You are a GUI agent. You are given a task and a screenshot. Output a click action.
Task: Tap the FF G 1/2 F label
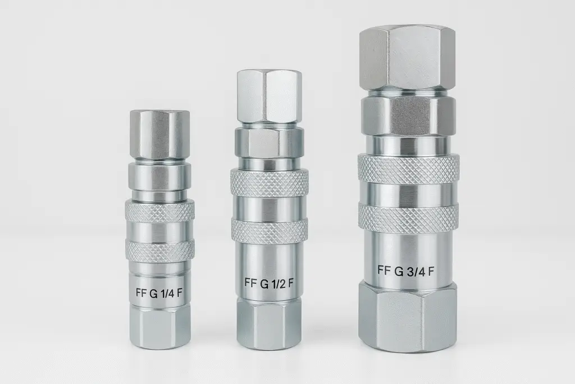pos(269,283)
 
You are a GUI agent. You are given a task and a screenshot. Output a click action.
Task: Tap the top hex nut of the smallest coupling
pos(159,134)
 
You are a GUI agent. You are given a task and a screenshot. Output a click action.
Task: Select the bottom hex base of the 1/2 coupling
pos(270,323)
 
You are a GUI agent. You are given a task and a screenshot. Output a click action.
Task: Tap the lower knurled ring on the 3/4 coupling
pos(408,217)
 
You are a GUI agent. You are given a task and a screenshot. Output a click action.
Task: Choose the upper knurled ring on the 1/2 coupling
pos(270,180)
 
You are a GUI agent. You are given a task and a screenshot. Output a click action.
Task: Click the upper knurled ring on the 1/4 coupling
pos(160,210)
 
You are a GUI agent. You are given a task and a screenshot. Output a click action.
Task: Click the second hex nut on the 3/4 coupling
pos(408,115)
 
